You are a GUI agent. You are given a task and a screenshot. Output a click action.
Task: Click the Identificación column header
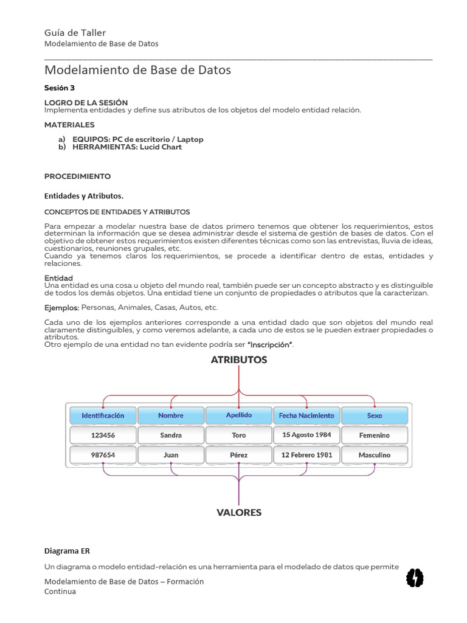coord(103,416)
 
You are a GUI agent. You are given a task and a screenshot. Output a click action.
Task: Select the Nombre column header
coord(171,416)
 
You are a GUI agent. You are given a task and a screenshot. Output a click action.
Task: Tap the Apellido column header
coord(239,416)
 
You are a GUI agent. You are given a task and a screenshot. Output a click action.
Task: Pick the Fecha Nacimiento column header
coord(306,416)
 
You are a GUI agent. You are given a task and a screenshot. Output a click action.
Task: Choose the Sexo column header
coord(375,416)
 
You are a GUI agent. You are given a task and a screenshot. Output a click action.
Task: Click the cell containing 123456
coord(103,436)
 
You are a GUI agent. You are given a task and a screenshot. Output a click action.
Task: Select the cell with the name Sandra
coord(171,436)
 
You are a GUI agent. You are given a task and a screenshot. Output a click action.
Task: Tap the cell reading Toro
coord(239,436)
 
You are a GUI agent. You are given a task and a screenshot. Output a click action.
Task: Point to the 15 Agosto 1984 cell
coord(306,435)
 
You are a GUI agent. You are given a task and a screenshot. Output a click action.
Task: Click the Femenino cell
coord(375,436)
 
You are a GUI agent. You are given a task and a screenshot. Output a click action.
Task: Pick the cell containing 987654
coord(103,455)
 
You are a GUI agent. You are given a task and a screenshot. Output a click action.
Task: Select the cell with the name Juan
coord(171,455)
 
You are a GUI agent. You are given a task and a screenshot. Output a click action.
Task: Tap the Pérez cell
coord(239,455)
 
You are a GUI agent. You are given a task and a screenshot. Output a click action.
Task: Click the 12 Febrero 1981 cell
coord(306,455)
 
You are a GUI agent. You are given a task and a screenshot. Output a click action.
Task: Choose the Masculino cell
coord(375,455)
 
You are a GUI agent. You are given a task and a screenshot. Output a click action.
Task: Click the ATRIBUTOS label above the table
coord(239,360)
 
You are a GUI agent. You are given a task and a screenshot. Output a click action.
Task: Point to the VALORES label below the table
coord(239,513)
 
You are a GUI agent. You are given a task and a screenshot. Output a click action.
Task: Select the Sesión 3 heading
coord(59,88)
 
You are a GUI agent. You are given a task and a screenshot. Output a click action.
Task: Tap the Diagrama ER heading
coord(66,551)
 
